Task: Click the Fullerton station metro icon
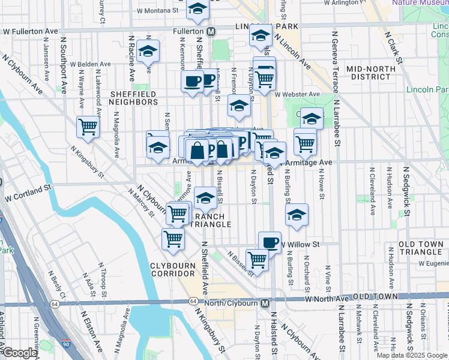(211, 31)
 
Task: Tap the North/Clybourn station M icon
(265, 303)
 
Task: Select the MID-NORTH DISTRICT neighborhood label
(371, 73)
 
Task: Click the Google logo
(20, 353)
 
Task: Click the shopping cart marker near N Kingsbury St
(88, 128)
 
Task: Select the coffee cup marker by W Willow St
(270, 242)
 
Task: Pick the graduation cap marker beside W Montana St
(197, 9)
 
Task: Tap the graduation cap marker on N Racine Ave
(147, 52)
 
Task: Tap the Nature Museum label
(420, 3)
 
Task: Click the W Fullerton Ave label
(29, 30)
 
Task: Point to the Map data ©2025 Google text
(411, 355)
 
